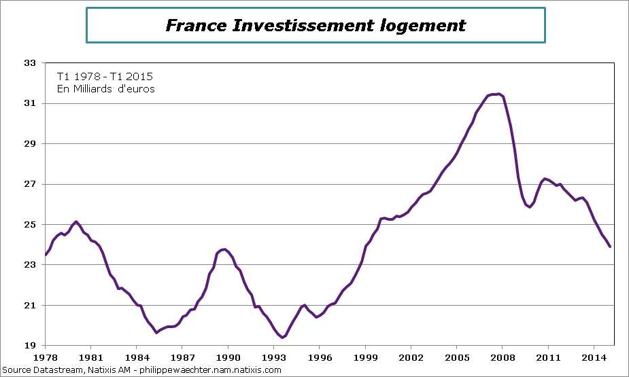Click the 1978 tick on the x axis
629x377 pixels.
pos(45,357)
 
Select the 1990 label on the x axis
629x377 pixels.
pos(228,357)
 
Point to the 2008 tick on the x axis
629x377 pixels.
pos(503,357)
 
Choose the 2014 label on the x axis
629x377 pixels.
pos(594,357)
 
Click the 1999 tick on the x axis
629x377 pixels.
pos(366,357)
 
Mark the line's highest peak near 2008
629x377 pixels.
pos(498,94)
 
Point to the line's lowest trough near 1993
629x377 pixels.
pos(282,337)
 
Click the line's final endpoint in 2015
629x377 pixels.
pos(610,247)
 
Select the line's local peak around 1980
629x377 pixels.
pos(75,221)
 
